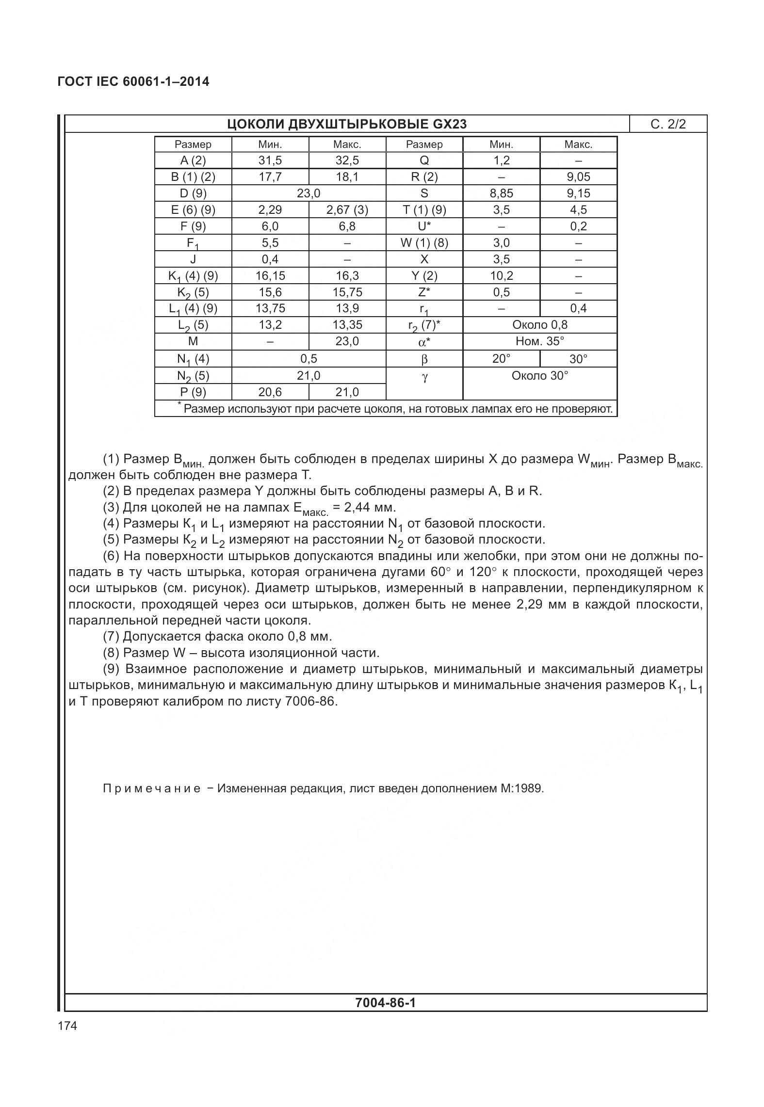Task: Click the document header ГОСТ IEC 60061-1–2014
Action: point(133,81)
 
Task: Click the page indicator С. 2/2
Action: point(668,124)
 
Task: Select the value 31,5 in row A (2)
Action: point(270,160)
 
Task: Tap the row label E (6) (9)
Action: point(193,210)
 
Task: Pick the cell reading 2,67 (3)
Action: point(347,210)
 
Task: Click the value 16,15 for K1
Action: point(270,276)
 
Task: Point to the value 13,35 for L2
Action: point(347,325)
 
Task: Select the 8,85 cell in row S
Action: point(501,193)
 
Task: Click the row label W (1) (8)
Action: point(424,243)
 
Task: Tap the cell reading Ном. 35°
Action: point(539,341)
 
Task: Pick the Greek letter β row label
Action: point(424,359)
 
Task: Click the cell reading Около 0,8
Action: point(539,325)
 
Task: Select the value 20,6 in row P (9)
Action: point(270,392)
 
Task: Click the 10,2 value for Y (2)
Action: point(501,276)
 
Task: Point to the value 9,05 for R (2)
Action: point(578,177)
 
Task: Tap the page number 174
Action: point(67,1026)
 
